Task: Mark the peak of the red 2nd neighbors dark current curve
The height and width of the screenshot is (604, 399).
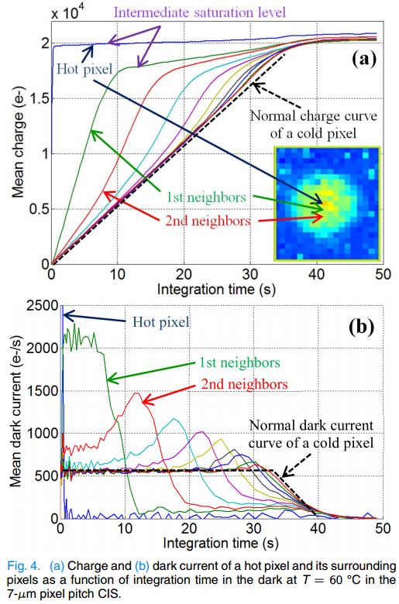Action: point(137,393)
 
